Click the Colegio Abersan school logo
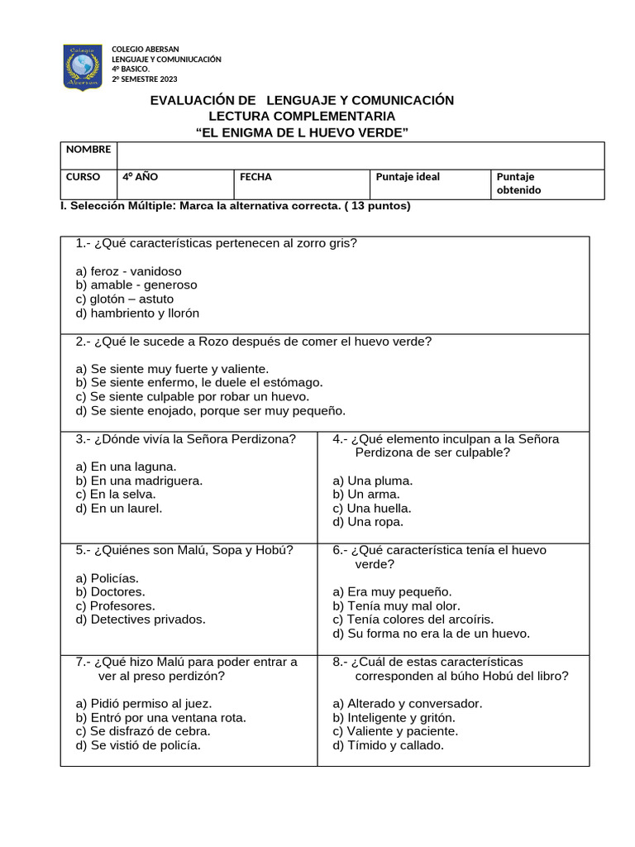(83, 67)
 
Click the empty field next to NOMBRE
(360, 156)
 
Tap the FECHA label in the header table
(255, 177)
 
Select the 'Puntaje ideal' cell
(408, 177)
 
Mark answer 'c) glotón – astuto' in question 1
(125, 299)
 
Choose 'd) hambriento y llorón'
(137, 313)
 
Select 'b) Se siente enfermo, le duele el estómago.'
(198, 383)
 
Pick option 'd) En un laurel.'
(118, 509)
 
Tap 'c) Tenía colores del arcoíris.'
(413, 620)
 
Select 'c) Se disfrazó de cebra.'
(143, 731)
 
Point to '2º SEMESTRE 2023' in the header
(145, 79)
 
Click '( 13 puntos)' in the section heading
(376, 206)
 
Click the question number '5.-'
(83, 550)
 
